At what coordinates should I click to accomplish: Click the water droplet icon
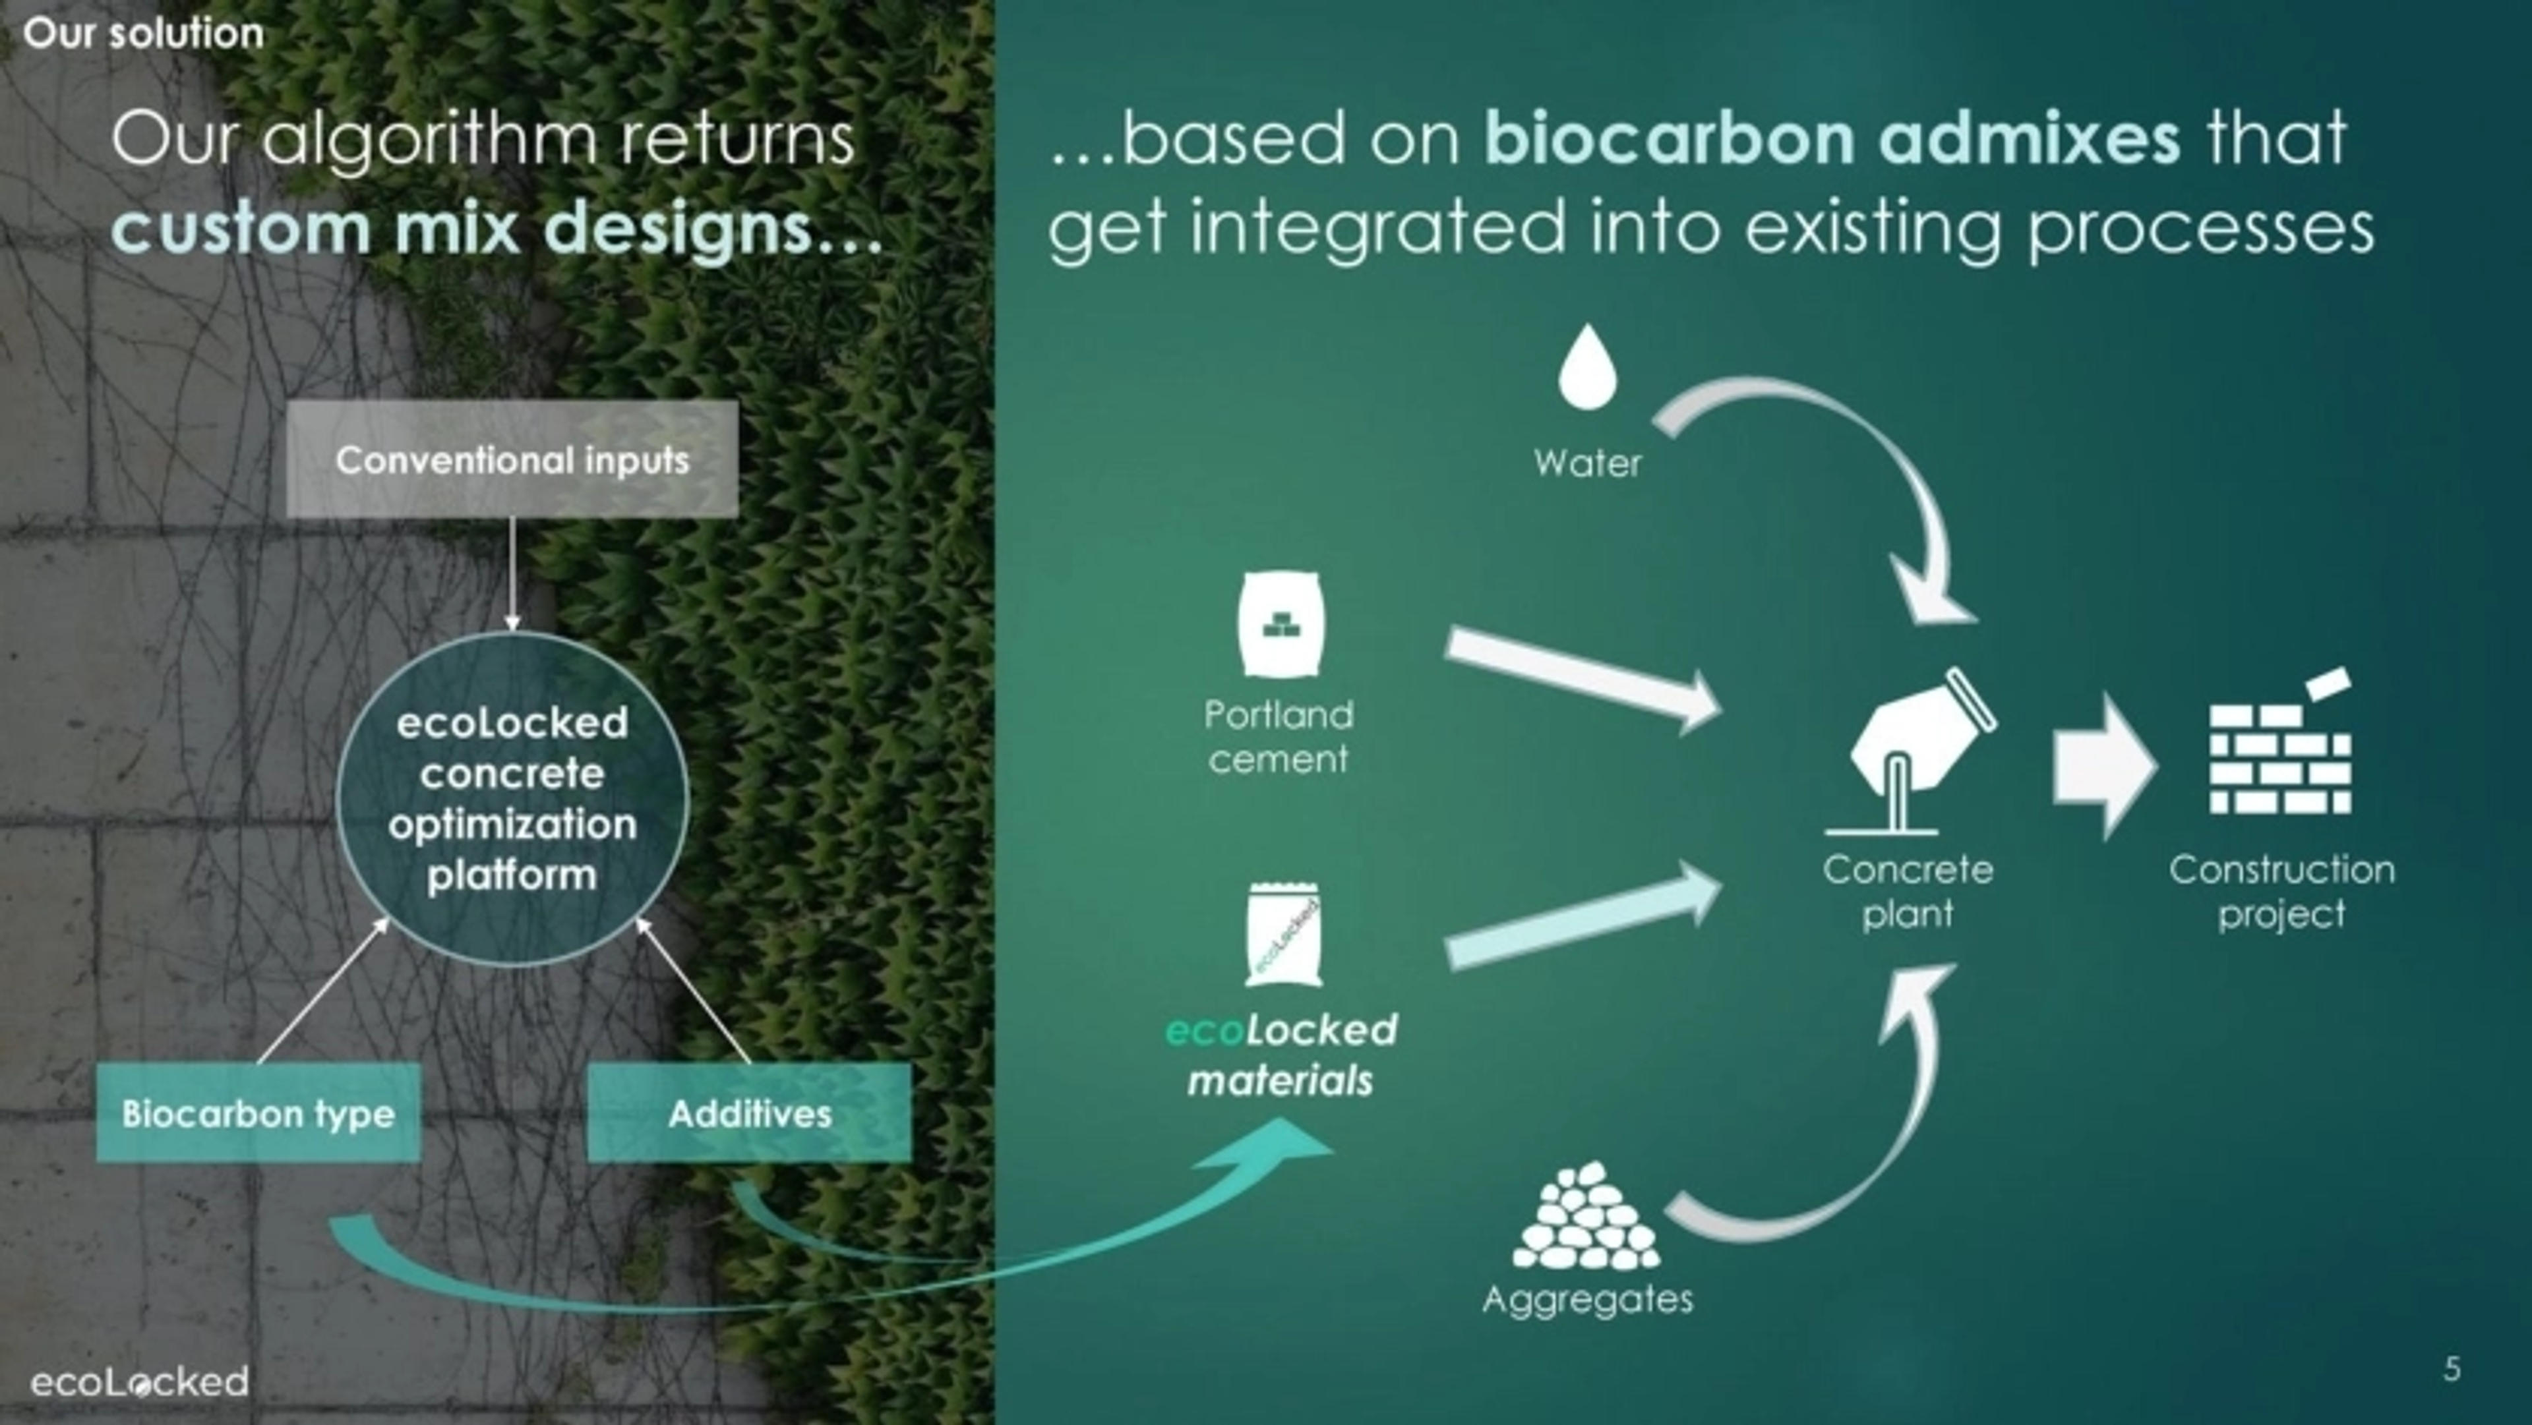tap(1587, 368)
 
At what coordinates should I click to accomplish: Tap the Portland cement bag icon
tap(1281, 625)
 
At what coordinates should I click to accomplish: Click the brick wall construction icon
tap(2280, 752)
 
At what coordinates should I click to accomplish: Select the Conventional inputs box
tap(512, 459)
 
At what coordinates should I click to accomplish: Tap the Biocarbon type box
tap(258, 1113)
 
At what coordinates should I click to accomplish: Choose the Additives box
tap(749, 1113)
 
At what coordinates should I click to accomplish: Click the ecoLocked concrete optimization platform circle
tap(512, 798)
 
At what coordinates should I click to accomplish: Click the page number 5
tap(2452, 1368)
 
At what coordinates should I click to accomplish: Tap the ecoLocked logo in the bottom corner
tap(140, 1381)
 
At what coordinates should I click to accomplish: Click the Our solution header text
tap(144, 34)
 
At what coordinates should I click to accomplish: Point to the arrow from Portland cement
tap(1582, 678)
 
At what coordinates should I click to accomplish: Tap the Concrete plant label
tap(1907, 891)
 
